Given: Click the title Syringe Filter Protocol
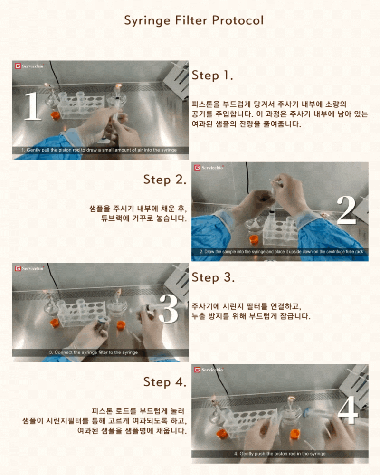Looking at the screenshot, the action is pyautogui.click(x=194, y=21).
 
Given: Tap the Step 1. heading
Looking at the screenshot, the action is pyautogui.click(x=212, y=75).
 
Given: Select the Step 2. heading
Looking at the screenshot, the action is pyautogui.click(x=165, y=180).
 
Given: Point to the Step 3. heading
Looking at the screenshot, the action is pyautogui.click(x=213, y=277).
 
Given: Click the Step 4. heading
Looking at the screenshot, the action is pyautogui.click(x=165, y=382).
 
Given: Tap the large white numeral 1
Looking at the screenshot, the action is pyautogui.click(x=32, y=106).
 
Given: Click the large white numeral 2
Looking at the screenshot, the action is pyautogui.click(x=346, y=210).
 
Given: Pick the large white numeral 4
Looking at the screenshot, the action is pyautogui.click(x=348, y=410).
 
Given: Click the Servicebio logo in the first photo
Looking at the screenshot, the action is pyautogui.click(x=29, y=66).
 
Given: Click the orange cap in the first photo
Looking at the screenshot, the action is pyautogui.click(x=55, y=115).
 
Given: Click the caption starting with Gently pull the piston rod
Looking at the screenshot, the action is pyautogui.click(x=99, y=150).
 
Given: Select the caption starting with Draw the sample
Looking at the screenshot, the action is pyautogui.click(x=281, y=252).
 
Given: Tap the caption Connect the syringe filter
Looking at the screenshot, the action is pyautogui.click(x=93, y=352).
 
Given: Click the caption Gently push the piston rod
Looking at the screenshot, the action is pyautogui.click(x=280, y=454).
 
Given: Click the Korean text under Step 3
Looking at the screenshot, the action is pyautogui.click(x=251, y=311).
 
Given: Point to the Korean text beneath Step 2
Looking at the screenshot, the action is pyautogui.click(x=138, y=213).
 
